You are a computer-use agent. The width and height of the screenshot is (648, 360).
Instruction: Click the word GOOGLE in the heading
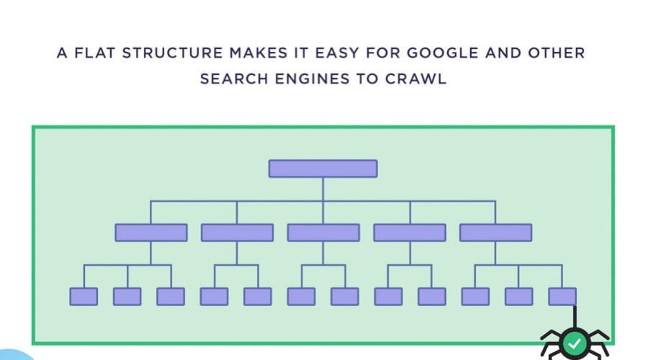[443, 53]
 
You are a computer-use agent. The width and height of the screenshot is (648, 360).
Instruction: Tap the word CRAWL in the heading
[415, 78]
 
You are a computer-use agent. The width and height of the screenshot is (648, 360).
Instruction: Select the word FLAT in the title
[94, 53]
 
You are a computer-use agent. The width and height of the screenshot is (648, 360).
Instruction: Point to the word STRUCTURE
[172, 53]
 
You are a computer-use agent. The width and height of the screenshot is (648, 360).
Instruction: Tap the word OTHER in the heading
[557, 53]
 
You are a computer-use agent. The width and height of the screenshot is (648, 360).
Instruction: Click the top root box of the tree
[323, 168]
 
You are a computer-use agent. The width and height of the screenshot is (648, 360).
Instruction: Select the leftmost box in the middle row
[151, 233]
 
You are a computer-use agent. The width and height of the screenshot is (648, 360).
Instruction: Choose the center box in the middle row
[323, 233]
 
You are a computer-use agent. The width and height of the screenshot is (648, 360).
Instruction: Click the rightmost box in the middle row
[495, 233]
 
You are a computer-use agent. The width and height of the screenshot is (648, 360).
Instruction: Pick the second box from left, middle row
[237, 233]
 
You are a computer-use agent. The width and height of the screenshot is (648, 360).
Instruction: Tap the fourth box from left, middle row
[410, 233]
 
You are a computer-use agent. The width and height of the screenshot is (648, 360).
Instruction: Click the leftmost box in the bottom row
[84, 297]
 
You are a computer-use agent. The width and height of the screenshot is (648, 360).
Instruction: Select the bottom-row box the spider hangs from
[562, 297]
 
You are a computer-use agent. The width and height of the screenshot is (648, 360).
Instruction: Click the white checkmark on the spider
[575, 343]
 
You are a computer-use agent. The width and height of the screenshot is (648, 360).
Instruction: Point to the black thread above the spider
[575, 317]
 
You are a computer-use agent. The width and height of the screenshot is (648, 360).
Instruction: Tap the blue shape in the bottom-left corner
[16, 355]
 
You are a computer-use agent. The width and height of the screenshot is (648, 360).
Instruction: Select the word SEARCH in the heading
[234, 78]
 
